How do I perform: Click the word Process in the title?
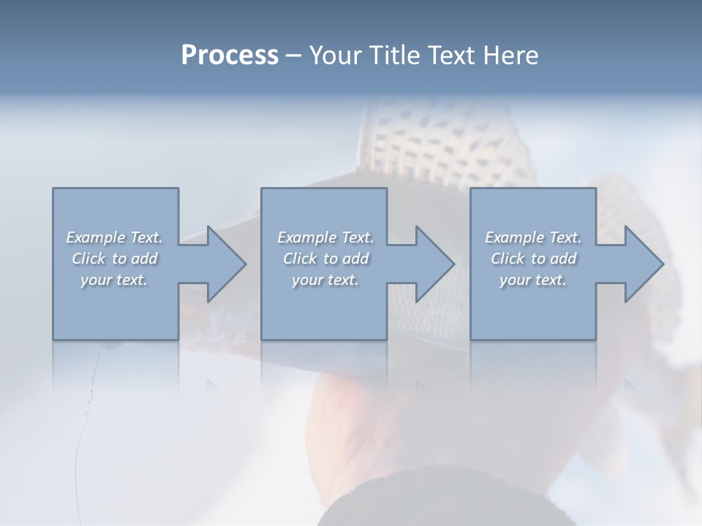coord(230,56)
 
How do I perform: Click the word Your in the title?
coord(336,56)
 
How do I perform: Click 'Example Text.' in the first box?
coord(115,237)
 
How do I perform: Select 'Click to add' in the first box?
coord(115,259)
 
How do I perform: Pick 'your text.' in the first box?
coord(115,280)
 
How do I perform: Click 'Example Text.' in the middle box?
coord(325,237)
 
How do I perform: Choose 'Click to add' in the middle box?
coord(325,259)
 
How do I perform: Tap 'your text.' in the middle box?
coord(325,280)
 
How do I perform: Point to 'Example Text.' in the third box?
coord(533,237)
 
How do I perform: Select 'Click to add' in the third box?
coord(533,259)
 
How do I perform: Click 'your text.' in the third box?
coord(533,280)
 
